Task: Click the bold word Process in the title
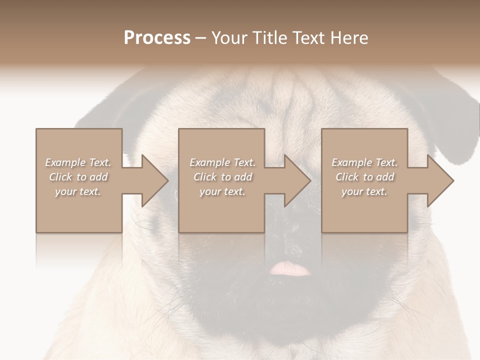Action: point(157,38)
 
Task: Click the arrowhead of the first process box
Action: point(153,180)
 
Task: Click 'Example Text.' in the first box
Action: point(78,162)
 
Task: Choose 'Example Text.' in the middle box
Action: point(222,162)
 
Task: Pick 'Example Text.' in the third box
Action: point(364,162)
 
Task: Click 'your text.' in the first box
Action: point(78,191)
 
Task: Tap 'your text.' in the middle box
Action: point(222,191)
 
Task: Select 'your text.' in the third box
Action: point(364,191)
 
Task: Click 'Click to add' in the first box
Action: point(78,177)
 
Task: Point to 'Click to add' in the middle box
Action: point(222,177)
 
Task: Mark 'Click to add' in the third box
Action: point(364,177)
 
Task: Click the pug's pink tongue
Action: point(289,269)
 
